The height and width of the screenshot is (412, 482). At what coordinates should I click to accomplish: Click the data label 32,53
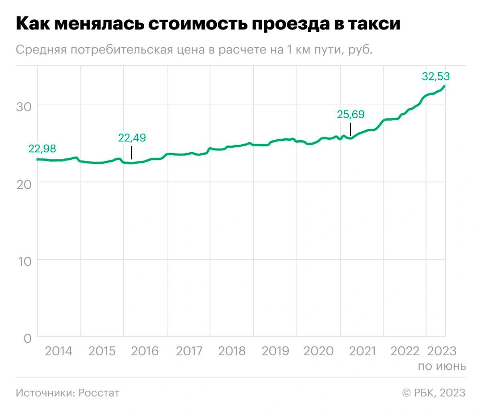[435, 76]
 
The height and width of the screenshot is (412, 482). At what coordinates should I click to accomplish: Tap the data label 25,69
[351, 115]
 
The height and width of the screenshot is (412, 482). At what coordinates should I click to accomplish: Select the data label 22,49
[132, 137]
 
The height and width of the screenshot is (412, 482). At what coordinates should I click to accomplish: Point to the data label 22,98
[42, 149]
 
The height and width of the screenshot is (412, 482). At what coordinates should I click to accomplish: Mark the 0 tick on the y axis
[27, 338]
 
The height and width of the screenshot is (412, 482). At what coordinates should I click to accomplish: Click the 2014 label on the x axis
[59, 351]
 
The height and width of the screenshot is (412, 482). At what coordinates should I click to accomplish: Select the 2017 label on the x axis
[190, 351]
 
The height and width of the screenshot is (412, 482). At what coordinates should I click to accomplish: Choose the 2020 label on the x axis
[318, 351]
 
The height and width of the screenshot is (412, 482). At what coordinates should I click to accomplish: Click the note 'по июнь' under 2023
[442, 366]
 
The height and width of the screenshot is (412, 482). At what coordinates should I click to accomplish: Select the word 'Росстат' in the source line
[99, 392]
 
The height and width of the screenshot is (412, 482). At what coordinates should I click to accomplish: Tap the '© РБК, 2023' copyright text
[433, 392]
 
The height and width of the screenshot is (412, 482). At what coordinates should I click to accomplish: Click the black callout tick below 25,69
[351, 129]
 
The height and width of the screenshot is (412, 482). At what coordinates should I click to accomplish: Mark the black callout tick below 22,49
[131, 153]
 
